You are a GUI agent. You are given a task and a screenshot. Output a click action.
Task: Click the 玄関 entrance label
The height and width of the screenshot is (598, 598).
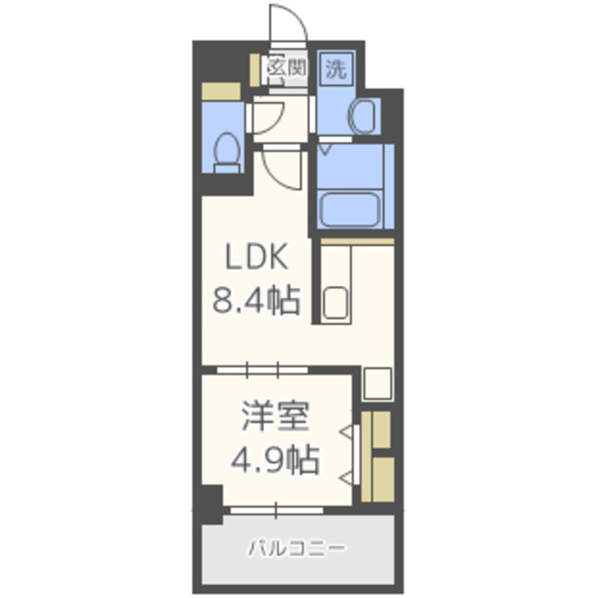(x=287, y=68)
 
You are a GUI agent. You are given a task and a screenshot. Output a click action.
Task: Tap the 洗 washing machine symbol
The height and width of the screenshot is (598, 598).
(x=336, y=69)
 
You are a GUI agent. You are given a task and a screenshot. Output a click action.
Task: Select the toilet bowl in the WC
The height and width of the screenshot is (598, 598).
(x=227, y=152)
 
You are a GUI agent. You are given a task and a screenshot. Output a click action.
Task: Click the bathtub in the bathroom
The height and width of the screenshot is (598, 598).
(x=350, y=210)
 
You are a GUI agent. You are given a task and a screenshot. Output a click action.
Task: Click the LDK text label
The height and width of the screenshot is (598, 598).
(x=256, y=257)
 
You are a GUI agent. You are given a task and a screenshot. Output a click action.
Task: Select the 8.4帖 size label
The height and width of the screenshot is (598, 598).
(x=256, y=301)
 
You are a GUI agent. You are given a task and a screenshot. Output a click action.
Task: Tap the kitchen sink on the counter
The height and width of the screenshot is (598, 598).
(x=335, y=303)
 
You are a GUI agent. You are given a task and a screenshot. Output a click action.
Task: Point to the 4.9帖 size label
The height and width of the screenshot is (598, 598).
(x=275, y=459)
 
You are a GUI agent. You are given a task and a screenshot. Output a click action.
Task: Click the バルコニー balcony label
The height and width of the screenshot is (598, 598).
(x=296, y=548)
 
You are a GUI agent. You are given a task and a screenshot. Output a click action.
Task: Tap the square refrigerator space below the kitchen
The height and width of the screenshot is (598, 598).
(x=377, y=383)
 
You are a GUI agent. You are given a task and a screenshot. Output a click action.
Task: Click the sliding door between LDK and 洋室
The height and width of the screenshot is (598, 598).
(x=263, y=370)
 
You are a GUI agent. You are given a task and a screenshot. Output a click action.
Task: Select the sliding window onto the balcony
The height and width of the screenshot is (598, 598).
(x=277, y=510)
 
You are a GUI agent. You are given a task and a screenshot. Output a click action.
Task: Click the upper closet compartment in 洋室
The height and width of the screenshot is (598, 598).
(x=381, y=430)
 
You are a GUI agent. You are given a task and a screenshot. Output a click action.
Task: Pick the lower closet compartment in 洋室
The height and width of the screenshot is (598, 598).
(x=383, y=479)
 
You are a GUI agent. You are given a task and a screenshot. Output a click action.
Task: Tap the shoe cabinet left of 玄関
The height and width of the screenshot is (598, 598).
(x=255, y=70)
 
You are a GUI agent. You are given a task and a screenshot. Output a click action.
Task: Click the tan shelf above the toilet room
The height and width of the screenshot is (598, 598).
(x=221, y=92)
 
